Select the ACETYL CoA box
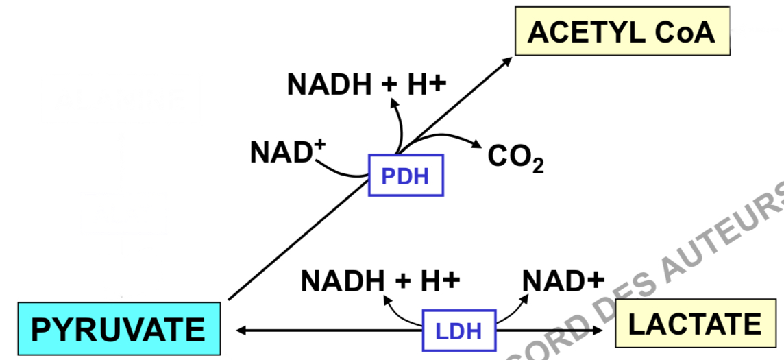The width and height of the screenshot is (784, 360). (622, 32)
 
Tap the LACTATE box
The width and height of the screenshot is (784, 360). (695, 324)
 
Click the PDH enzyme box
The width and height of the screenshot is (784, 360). (406, 176)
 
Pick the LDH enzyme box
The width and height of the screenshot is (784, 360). (458, 331)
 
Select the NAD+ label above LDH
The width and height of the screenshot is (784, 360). (563, 280)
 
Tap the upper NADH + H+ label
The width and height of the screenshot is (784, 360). (367, 85)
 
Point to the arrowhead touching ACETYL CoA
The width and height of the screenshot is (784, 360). (506, 61)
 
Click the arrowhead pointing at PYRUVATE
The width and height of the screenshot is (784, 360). (241, 331)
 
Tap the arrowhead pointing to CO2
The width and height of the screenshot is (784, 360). (475, 144)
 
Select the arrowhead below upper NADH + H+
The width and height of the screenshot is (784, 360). (394, 103)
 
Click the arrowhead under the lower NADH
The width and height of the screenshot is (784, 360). (389, 299)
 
